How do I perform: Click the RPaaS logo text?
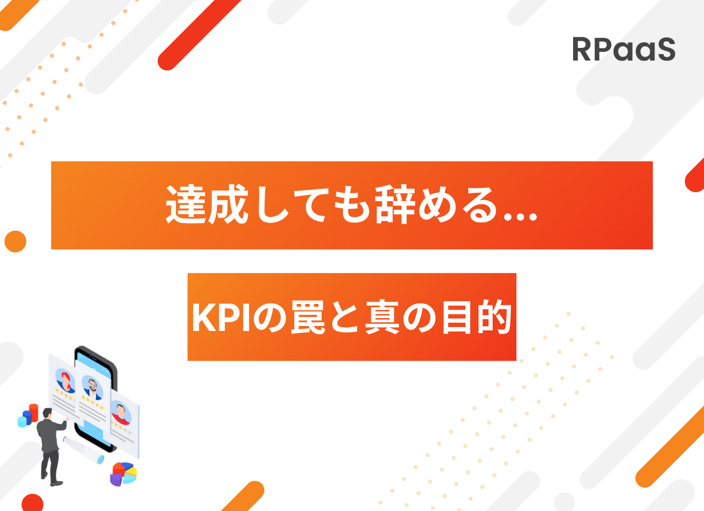point(624,49)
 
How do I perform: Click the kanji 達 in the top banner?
point(186,204)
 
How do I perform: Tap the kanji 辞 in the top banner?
point(395,204)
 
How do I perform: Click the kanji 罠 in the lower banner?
point(308,317)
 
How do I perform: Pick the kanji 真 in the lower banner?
point(382,317)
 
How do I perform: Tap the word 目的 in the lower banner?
point(477,317)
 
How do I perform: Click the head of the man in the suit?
point(48,414)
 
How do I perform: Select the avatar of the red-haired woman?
point(65,380)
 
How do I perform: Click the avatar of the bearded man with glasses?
point(92,388)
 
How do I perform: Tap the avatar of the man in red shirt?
point(121,412)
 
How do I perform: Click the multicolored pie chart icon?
point(124,474)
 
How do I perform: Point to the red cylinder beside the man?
point(34,412)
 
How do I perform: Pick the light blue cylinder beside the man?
point(22,422)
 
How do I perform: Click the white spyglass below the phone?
point(84,450)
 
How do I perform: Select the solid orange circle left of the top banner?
point(15,241)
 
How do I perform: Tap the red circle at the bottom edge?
point(32,503)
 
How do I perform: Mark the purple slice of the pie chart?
point(116,480)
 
